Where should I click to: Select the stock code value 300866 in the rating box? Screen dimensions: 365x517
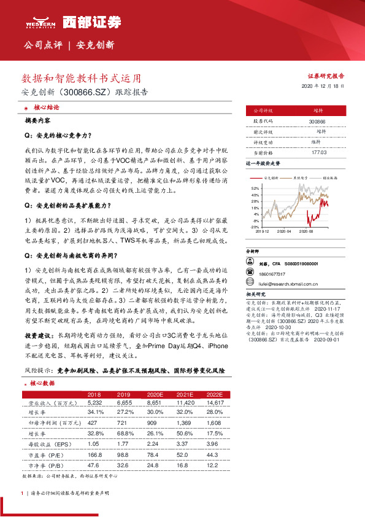(x=318, y=122)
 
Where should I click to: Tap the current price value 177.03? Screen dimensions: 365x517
(x=318, y=152)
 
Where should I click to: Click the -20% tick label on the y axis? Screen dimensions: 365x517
(x=255, y=227)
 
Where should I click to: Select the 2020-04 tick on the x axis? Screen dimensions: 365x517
(x=284, y=232)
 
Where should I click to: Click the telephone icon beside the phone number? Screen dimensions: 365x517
(x=250, y=274)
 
